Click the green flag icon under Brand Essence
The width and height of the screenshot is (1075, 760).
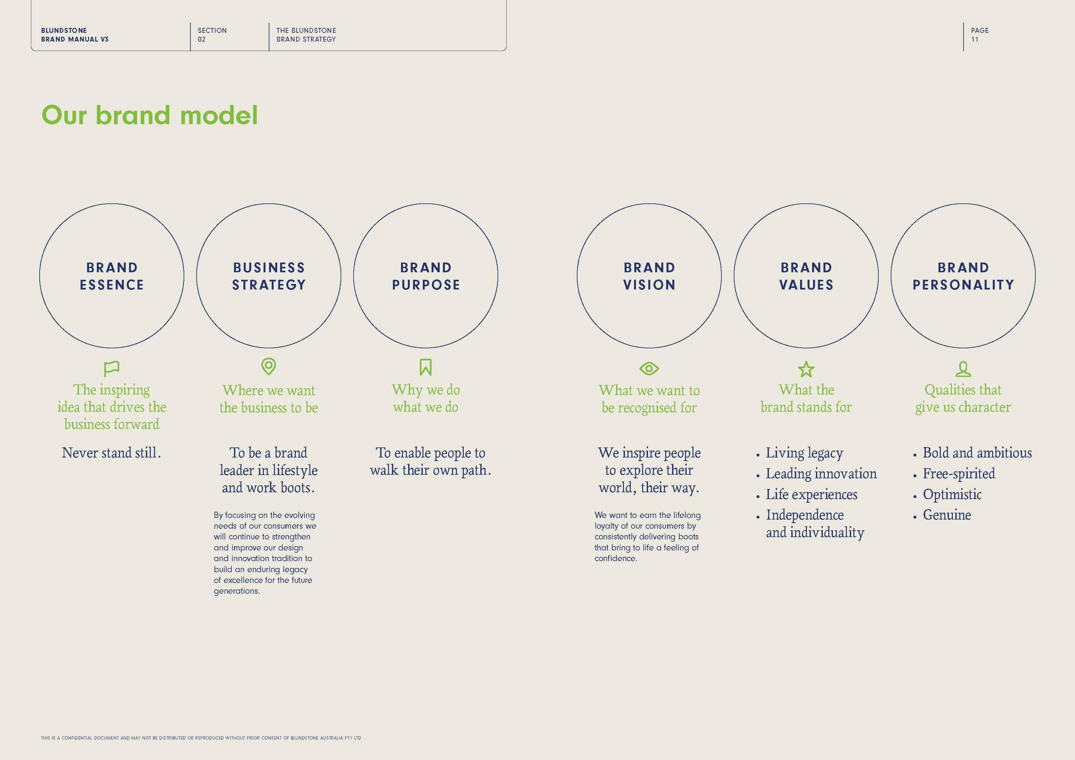pos(111,368)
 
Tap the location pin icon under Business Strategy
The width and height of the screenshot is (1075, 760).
pos(268,367)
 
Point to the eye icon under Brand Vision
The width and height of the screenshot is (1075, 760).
pos(649,368)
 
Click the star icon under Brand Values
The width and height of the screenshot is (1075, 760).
pos(806,369)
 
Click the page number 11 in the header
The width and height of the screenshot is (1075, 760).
pos(975,39)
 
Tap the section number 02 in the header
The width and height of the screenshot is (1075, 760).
pos(201,39)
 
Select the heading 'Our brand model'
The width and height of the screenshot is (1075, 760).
pos(150,115)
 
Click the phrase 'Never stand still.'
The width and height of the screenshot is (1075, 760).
pos(111,453)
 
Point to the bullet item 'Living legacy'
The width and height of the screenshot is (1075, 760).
pos(804,453)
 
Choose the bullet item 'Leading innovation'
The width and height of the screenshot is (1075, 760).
pos(821,474)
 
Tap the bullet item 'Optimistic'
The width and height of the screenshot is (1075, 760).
pos(952,495)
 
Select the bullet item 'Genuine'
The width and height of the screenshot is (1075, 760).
pos(947,515)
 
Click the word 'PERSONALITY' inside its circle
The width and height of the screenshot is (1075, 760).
pos(963,285)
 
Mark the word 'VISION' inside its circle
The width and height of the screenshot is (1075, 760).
pos(649,285)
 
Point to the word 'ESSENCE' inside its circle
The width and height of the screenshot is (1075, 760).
pos(111,285)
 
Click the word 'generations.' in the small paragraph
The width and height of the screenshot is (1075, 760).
pos(237,591)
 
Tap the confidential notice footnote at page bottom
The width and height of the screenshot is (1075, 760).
pos(201,738)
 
